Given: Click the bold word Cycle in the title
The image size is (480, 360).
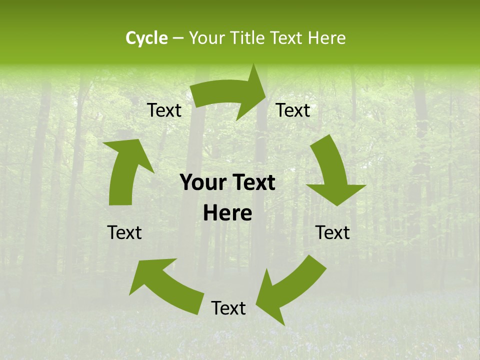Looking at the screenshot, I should click(146, 38).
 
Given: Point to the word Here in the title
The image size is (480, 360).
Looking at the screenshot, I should click(326, 38).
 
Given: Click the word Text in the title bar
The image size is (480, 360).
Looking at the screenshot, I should click(286, 38).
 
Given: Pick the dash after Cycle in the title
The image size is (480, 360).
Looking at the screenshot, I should click(178, 38).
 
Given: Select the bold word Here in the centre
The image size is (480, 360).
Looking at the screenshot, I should click(227, 213).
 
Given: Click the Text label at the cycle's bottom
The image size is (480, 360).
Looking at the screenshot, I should click(228, 308).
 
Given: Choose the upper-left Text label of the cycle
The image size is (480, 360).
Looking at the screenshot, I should click(164, 110).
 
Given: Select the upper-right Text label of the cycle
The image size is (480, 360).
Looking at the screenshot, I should click(293, 110).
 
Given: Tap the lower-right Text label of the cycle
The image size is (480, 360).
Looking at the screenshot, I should click(332, 232).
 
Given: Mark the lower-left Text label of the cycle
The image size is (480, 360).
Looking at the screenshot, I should click(124, 232).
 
